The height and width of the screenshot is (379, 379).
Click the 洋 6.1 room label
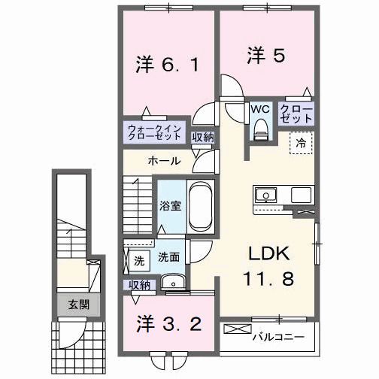(167, 64)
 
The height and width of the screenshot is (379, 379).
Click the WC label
(260, 109)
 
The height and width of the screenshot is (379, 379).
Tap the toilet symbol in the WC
(261, 129)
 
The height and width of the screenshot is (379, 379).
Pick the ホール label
(163, 161)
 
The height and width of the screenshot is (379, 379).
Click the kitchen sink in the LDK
(265, 196)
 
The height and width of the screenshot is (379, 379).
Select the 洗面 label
(168, 256)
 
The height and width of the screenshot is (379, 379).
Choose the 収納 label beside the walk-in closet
(202, 136)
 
